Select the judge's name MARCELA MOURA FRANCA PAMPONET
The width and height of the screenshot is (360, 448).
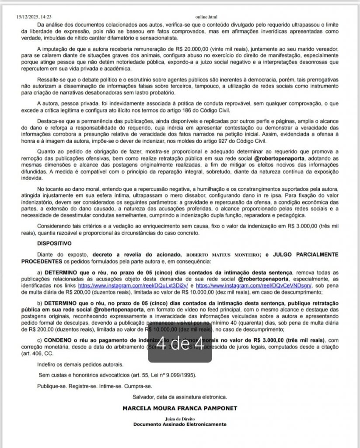click(x=180, y=409)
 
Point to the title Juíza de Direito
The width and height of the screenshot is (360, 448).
click(x=180, y=418)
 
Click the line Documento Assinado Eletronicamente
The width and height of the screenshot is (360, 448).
click(x=180, y=424)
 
